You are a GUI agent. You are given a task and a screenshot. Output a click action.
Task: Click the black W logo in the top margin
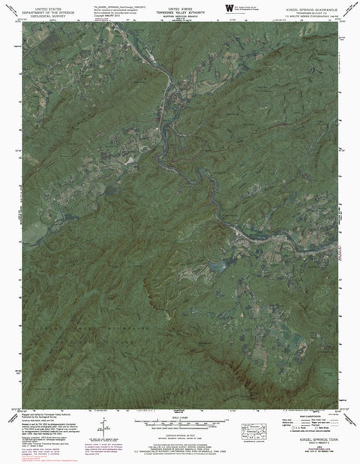click(229, 8)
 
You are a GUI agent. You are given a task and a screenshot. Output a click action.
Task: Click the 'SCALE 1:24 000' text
click(180, 417)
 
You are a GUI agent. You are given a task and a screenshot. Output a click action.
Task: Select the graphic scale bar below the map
click(180, 425)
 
